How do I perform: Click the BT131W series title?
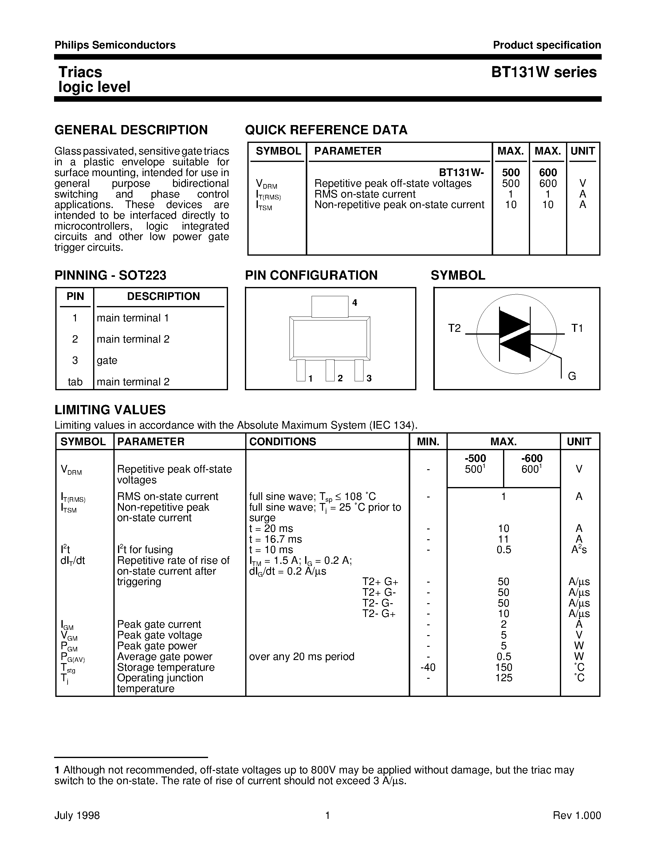point(544,72)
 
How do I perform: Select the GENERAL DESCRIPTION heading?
point(131,130)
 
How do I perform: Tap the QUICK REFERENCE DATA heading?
point(326,130)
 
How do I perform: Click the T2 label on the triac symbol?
point(454,328)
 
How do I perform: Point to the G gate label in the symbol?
point(572,376)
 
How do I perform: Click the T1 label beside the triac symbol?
point(577,328)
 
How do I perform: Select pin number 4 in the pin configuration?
point(354,303)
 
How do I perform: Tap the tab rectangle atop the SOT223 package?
point(330,306)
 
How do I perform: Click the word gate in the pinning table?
point(107,360)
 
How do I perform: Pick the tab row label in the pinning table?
point(75,382)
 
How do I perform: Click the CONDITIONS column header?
point(282,442)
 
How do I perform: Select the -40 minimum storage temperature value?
point(428,667)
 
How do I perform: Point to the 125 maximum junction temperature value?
point(504,678)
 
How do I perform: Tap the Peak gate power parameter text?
point(157,646)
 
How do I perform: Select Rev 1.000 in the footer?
point(576,816)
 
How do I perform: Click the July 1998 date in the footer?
point(77,816)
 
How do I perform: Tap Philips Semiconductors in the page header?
point(115,45)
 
